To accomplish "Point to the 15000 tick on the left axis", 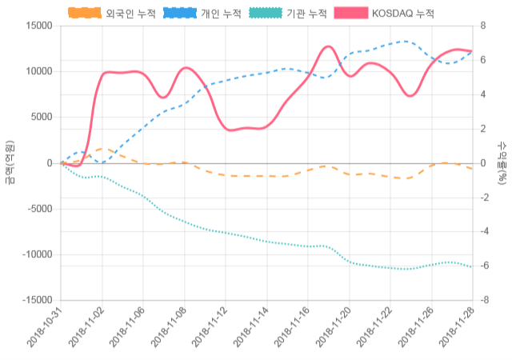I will [x=37, y=26].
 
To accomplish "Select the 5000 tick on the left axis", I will [x=40, y=117].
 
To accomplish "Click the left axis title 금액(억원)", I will [x=9, y=162].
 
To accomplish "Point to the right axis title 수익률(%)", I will [x=502, y=162].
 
